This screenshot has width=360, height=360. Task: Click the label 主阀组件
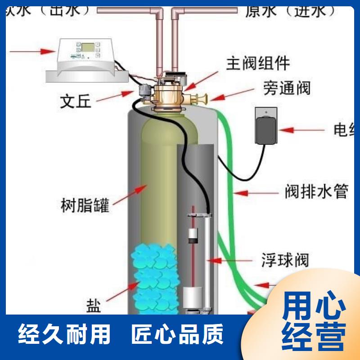pos(258,63)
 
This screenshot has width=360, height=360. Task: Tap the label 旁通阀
pos(287,88)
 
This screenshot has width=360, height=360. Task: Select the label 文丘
pos(76,102)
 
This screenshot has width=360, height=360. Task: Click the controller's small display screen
pos(87,46)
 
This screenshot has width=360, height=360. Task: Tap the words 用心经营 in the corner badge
pos(314,320)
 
